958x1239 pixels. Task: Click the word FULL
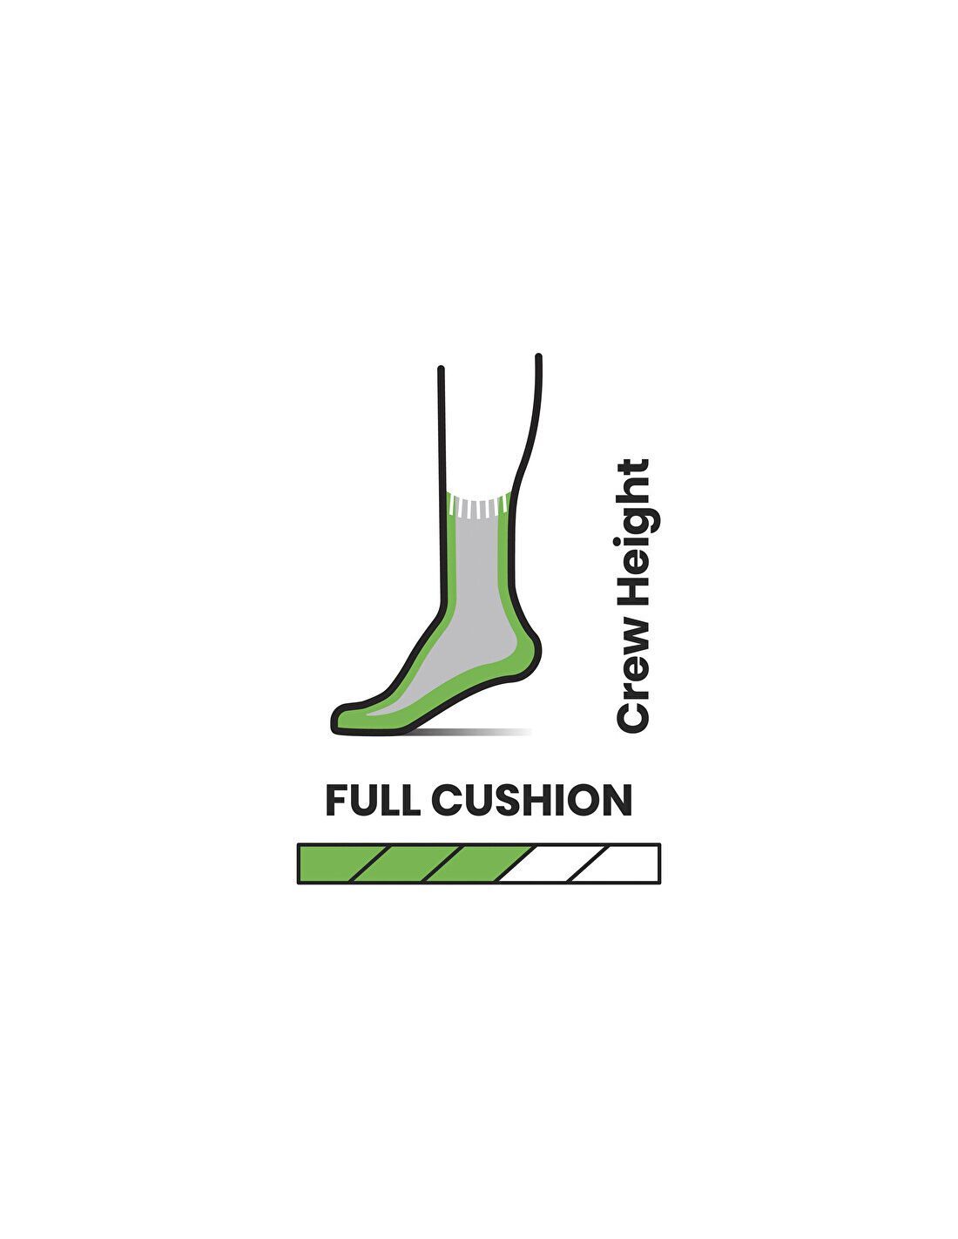coord(372,800)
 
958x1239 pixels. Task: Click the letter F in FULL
coord(336,800)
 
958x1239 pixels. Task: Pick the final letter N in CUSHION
coord(619,800)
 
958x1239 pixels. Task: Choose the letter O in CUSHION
coord(585,800)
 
